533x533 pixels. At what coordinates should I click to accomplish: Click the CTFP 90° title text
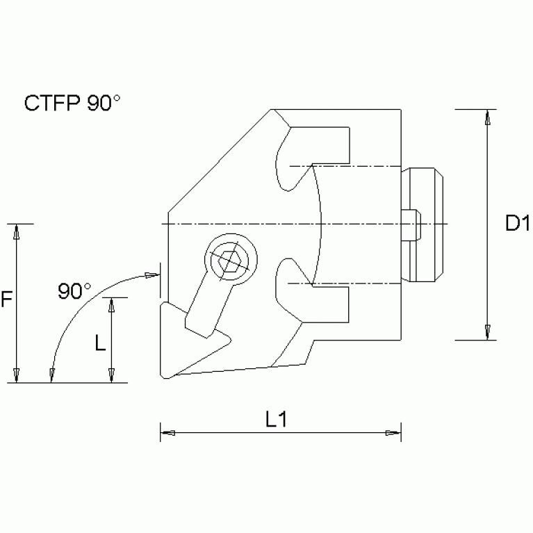(73, 103)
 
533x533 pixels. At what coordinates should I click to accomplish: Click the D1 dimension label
(518, 223)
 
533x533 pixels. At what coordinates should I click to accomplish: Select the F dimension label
(7, 300)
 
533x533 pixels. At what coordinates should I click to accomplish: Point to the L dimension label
(100, 342)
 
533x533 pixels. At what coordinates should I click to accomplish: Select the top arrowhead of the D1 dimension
(488, 117)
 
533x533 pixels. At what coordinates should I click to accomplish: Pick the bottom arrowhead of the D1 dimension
(488, 332)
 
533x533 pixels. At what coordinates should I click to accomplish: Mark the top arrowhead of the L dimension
(110, 305)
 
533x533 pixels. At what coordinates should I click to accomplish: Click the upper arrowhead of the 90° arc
(151, 275)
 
